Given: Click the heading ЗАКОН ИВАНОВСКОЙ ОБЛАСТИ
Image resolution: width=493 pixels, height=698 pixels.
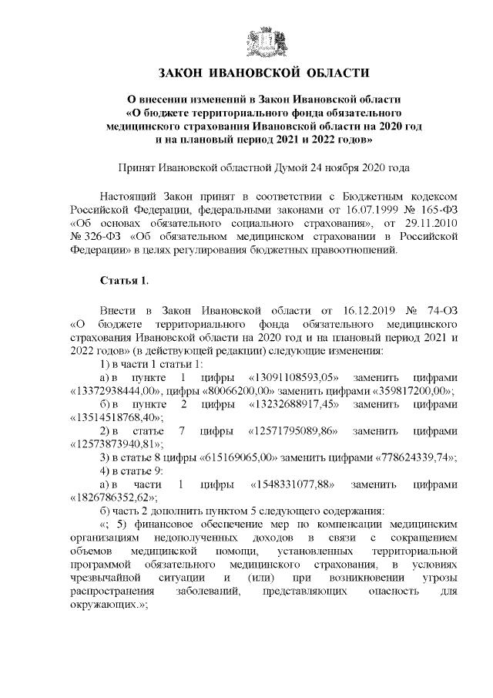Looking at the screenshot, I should tap(258, 73).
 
